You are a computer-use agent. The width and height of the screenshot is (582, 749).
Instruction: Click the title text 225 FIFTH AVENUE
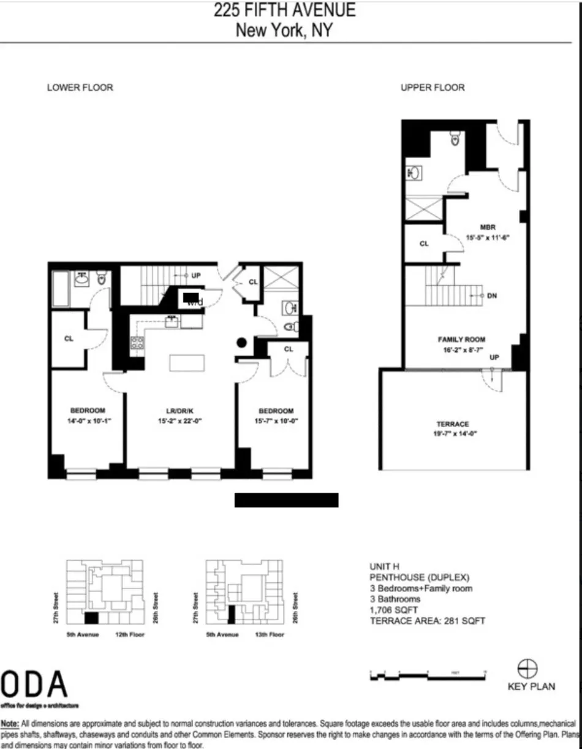(x=284, y=10)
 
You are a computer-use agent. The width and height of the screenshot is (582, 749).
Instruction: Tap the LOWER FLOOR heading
(x=80, y=88)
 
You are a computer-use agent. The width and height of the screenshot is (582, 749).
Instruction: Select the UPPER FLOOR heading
(x=433, y=88)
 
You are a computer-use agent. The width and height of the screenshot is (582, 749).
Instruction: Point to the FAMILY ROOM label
(x=461, y=339)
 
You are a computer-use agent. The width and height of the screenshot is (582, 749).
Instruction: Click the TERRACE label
(x=453, y=424)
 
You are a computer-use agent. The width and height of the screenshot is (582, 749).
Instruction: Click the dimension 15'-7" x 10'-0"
(x=273, y=421)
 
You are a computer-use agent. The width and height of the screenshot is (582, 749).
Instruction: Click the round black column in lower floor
(x=243, y=343)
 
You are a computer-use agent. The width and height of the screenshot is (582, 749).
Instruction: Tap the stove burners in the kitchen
(x=137, y=343)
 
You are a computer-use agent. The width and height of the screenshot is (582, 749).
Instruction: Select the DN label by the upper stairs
(x=491, y=295)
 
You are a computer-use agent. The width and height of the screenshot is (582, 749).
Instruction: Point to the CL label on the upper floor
(x=424, y=243)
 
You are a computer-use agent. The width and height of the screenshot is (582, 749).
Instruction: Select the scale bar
(x=428, y=675)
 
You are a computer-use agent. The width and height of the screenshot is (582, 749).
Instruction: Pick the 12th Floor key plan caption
(x=129, y=634)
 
